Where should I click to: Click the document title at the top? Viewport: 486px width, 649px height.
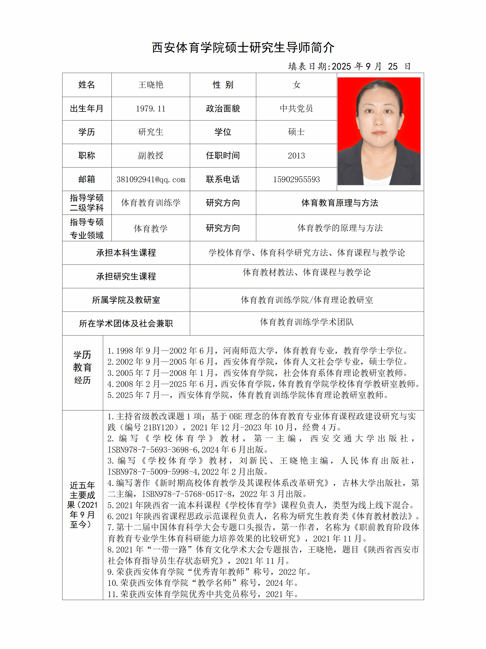pyautogui.click(x=243, y=48)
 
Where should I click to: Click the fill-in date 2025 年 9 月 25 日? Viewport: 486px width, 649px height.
pyautogui.click(x=349, y=66)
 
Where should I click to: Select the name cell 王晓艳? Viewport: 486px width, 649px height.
pyautogui.click(x=151, y=85)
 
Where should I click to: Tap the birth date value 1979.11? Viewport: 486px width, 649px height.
pyautogui.click(x=151, y=108)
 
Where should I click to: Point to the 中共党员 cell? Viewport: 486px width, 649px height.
pyautogui.click(x=296, y=108)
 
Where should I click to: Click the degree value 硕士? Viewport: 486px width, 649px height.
pyautogui.click(x=296, y=132)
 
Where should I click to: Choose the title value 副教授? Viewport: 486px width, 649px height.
pyautogui.click(x=151, y=156)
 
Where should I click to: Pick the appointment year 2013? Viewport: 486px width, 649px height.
pyautogui.click(x=296, y=156)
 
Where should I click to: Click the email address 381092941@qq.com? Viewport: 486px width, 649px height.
pyautogui.click(x=151, y=179)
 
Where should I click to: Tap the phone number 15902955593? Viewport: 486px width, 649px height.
pyautogui.click(x=296, y=179)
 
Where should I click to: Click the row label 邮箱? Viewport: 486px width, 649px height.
pyautogui.click(x=86, y=179)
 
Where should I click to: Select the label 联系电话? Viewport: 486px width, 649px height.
pyautogui.click(x=223, y=179)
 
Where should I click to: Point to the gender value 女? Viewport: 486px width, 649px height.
pyautogui.click(x=296, y=85)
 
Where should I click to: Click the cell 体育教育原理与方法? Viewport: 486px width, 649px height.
pyautogui.click(x=340, y=203)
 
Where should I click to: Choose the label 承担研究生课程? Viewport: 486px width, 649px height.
pyautogui.click(x=126, y=276)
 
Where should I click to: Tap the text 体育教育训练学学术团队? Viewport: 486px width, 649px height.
pyautogui.click(x=307, y=322)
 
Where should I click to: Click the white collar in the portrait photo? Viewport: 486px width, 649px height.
pyautogui.click(x=377, y=180)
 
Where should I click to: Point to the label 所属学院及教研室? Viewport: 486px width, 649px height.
pyautogui.click(x=126, y=300)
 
